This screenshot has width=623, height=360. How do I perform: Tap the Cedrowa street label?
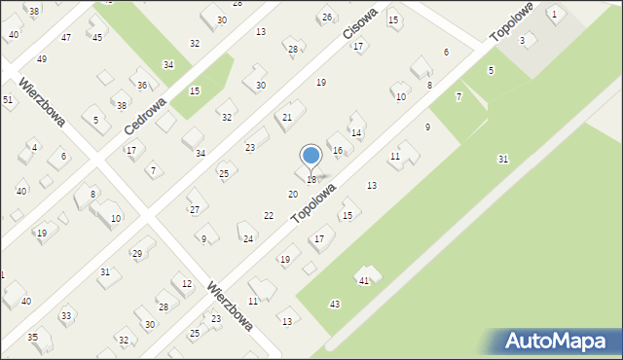146,115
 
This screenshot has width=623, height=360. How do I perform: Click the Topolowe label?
512,19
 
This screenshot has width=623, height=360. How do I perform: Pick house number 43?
335,305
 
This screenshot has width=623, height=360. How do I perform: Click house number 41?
363,280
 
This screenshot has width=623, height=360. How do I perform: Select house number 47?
65,37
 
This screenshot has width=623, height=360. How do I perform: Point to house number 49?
41,59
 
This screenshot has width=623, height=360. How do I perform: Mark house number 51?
7,100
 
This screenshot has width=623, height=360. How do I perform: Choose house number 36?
142,86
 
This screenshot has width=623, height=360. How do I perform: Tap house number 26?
327,18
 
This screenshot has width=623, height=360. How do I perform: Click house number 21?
287,117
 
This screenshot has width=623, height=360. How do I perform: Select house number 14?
356,132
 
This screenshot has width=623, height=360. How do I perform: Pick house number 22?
269,215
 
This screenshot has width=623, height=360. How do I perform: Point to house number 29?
137,254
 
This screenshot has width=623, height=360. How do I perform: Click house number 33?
66,316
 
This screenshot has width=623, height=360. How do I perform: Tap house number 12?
187,283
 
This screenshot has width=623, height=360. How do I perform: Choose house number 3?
522,40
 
